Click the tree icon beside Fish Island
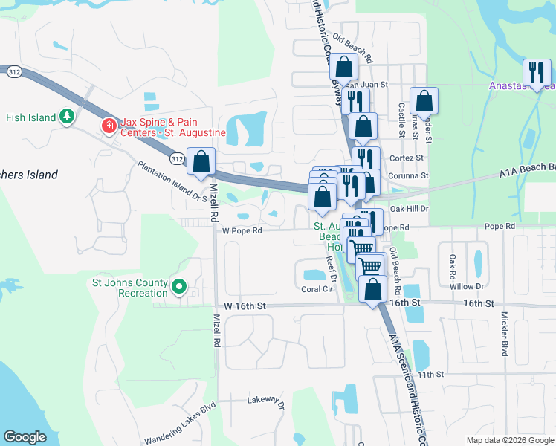coord(67,117)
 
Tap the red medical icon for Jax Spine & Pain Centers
coord(109,127)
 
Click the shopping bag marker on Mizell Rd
coord(201,161)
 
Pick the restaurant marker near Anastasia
coord(536,72)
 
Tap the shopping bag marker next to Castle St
coord(423,101)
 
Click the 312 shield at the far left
coord(13,72)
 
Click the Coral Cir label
coord(317,289)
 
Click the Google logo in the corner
coord(25,437)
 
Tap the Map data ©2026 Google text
coord(509,440)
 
